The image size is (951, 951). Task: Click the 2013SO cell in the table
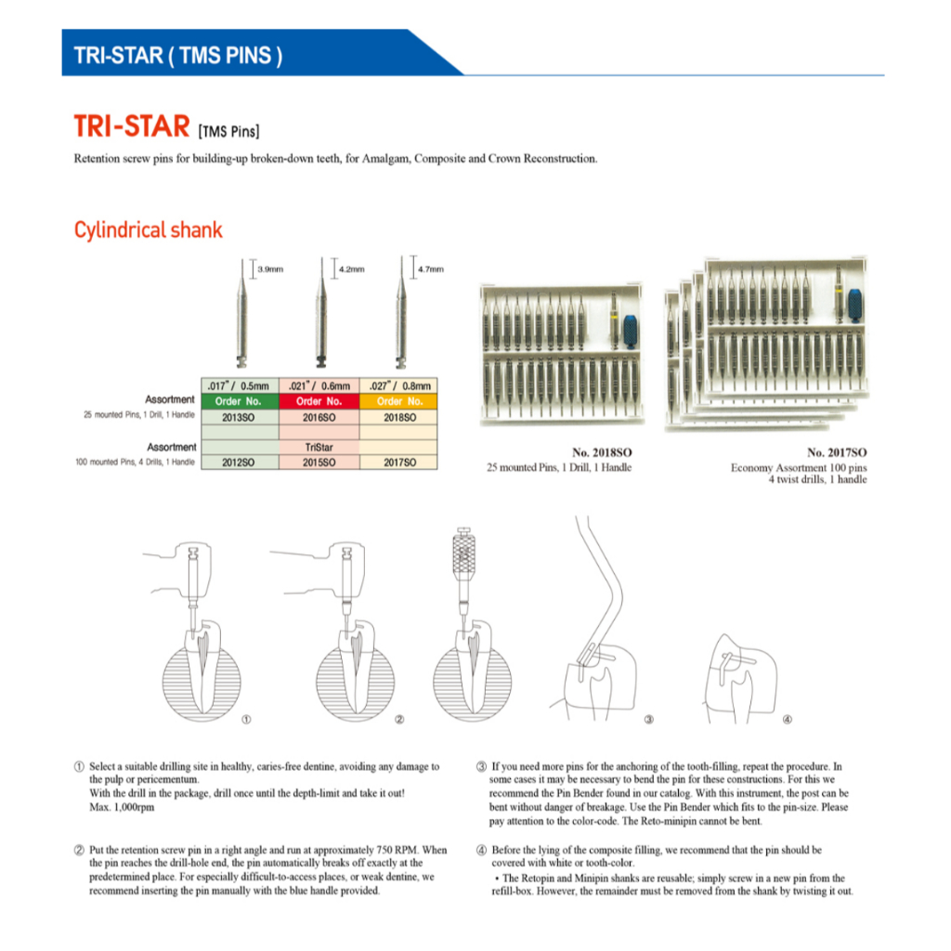240,417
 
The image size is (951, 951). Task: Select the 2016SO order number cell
319,417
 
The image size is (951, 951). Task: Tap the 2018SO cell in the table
397,417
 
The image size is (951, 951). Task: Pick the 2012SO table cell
240,462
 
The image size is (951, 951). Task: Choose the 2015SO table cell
319,462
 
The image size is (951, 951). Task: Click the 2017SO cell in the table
397,462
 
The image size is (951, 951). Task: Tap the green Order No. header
240,401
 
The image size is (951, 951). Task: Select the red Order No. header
319,401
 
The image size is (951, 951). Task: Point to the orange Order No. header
397,401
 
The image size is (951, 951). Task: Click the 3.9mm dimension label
269,269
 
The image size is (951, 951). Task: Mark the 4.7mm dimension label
431,269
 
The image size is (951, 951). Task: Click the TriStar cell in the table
319,447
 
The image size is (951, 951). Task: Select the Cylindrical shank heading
149,229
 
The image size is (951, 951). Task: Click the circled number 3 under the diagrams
649,720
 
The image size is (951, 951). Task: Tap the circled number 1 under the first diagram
246,720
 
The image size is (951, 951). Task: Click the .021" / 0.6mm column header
319,385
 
